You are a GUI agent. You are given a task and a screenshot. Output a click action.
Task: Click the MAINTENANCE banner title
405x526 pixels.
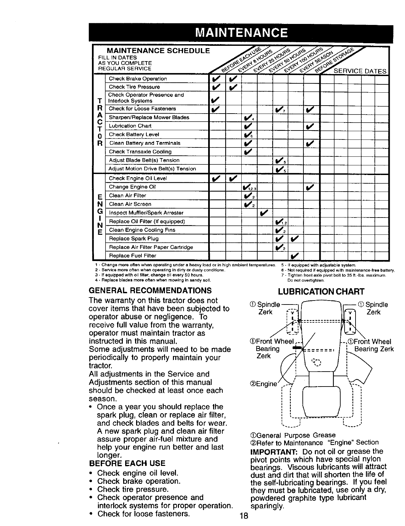241,33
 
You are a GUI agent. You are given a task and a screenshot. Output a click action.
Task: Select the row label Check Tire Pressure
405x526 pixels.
134,87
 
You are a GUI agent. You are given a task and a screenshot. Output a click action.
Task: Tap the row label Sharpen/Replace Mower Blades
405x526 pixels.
149,118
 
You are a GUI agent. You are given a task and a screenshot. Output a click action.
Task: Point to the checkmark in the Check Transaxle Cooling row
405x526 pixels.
248,152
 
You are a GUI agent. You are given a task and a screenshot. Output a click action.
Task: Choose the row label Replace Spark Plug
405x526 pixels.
133,238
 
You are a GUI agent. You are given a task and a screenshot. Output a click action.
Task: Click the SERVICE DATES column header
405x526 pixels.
360,71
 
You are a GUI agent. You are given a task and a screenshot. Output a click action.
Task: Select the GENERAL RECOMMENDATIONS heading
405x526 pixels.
150,291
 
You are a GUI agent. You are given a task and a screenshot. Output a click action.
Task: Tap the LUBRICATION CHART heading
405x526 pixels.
321,292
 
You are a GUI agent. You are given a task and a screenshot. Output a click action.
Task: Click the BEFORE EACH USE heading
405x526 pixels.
127,463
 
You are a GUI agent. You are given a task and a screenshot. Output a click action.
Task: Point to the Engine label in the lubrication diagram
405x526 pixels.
263,384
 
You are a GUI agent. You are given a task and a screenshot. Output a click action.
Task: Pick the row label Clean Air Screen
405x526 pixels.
130,204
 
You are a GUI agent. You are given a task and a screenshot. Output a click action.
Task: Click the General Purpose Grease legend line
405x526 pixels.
292,435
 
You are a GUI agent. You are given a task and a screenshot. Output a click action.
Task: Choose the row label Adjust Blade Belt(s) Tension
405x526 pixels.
144,160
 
